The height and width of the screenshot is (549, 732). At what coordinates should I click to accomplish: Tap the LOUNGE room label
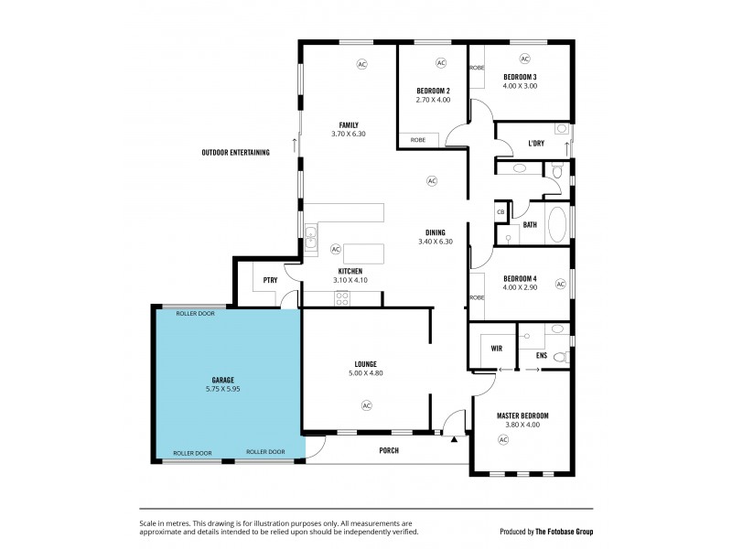coord(367,363)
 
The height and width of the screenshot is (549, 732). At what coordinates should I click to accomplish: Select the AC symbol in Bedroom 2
coord(440,63)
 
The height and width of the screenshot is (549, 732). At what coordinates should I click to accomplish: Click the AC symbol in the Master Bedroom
coord(502,440)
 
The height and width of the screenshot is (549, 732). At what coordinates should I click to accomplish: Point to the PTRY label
coord(270,281)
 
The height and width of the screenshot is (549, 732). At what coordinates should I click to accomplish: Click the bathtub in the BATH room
coord(556,223)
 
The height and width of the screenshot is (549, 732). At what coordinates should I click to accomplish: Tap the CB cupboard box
coord(501,211)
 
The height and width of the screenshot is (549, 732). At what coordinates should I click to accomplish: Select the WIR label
coord(497,349)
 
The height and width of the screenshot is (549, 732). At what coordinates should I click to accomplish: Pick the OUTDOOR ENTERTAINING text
coord(235,153)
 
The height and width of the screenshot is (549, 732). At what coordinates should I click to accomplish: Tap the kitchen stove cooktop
coord(342,297)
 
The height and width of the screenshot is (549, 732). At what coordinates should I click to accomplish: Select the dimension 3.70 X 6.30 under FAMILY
coord(348,135)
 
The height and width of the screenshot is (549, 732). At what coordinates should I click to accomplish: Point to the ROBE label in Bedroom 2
coord(417,140)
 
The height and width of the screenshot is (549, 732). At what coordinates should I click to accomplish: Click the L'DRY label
coord(537,144)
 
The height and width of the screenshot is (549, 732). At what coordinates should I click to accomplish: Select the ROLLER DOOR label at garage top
coord(194,313)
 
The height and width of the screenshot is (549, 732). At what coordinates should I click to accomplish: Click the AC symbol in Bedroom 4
coord(561,285)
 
